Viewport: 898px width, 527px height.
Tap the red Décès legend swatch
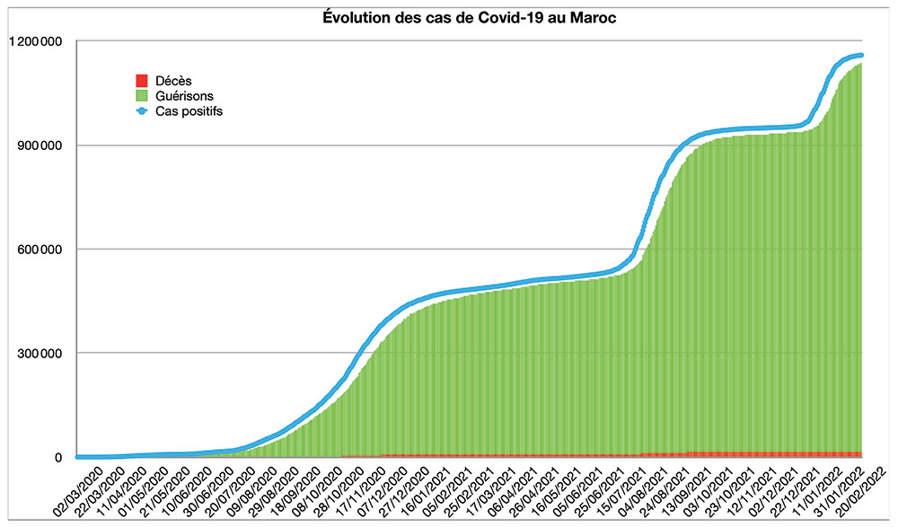(x=140, y=81)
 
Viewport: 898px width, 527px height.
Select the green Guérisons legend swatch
(x=140, y=95)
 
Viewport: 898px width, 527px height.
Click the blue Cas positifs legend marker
(x=140, y=110)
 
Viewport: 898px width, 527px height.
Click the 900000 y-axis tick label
(x=37, y=145)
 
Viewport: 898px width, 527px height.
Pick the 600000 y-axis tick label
(x=37, y=250)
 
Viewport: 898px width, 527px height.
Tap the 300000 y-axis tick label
(x=37, y=353)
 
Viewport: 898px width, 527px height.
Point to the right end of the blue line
(x=860, y=56)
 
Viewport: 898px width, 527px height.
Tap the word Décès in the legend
(x=173, y=81)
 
